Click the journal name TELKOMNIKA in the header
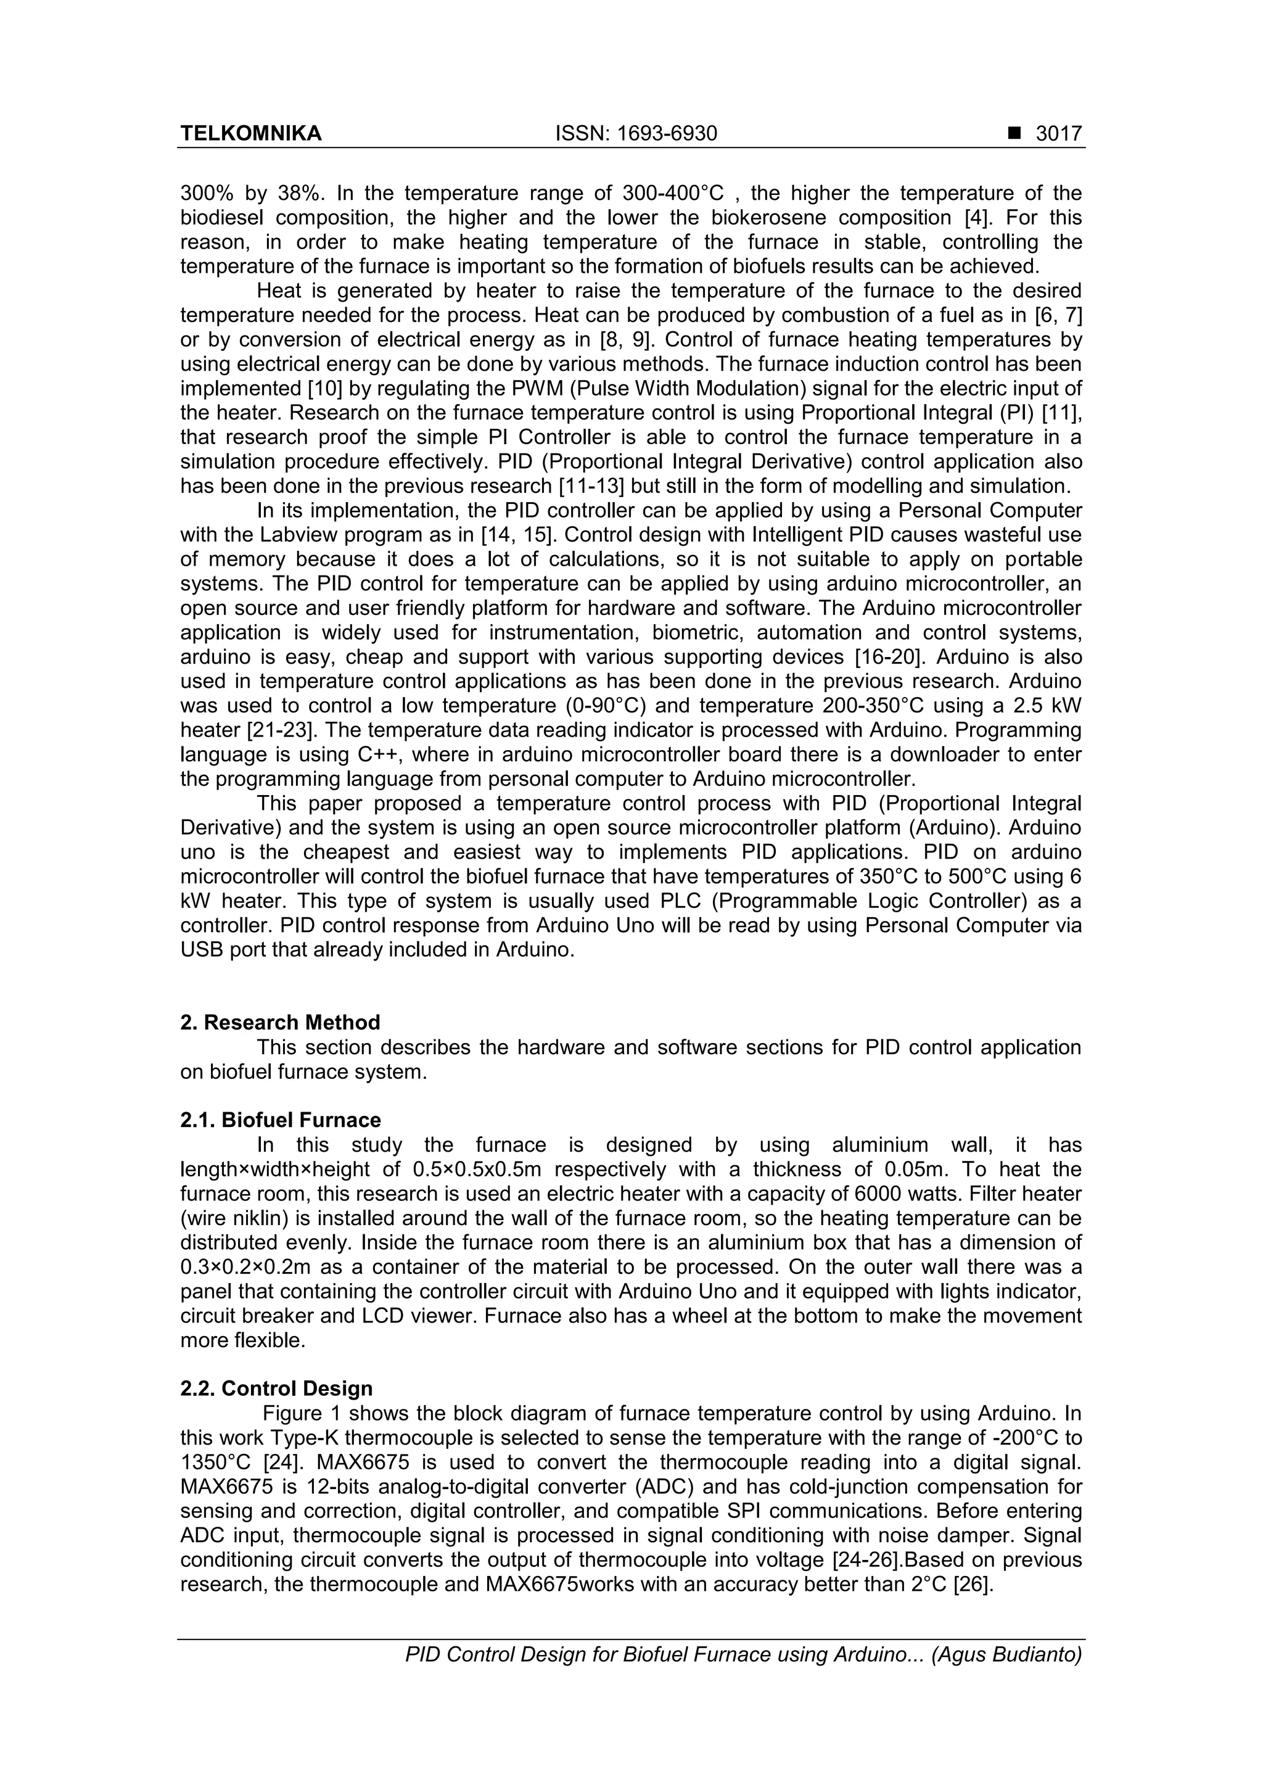[250, 134]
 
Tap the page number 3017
[1058, 134]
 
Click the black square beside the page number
[1013, 134]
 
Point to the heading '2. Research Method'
[280, 1022]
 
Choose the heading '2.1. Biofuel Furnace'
[280, 1120]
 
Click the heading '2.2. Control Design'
[276, 1389]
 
